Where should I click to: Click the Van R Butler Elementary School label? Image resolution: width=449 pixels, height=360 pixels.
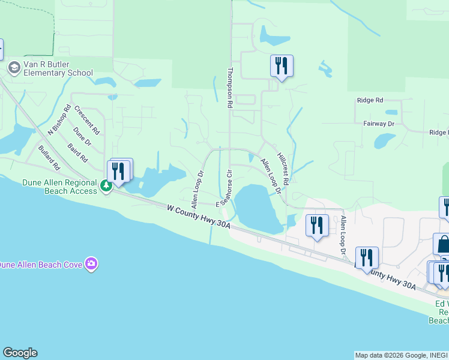click(58, 68)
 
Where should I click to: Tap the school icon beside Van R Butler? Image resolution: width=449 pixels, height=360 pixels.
click(14, 68)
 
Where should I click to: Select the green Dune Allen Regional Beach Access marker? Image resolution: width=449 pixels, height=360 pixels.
click(106, 186)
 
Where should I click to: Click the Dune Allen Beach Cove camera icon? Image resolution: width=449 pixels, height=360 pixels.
click(91, 264)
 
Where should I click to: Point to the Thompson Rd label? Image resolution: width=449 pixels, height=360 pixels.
click(229, 88)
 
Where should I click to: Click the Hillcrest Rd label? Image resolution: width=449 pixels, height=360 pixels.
click(283, 167)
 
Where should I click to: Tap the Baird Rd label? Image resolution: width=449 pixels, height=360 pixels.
click(77, 152)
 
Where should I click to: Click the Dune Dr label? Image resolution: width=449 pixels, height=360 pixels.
click(82, 136)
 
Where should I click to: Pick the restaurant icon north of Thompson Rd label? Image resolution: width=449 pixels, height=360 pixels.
click(282, 65)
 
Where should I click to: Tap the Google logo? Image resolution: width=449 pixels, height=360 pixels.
click(20, 353)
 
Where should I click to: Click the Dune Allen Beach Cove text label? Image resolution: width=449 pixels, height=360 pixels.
click(41, 265)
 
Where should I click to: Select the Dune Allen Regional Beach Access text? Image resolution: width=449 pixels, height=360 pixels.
click(59, 187)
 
